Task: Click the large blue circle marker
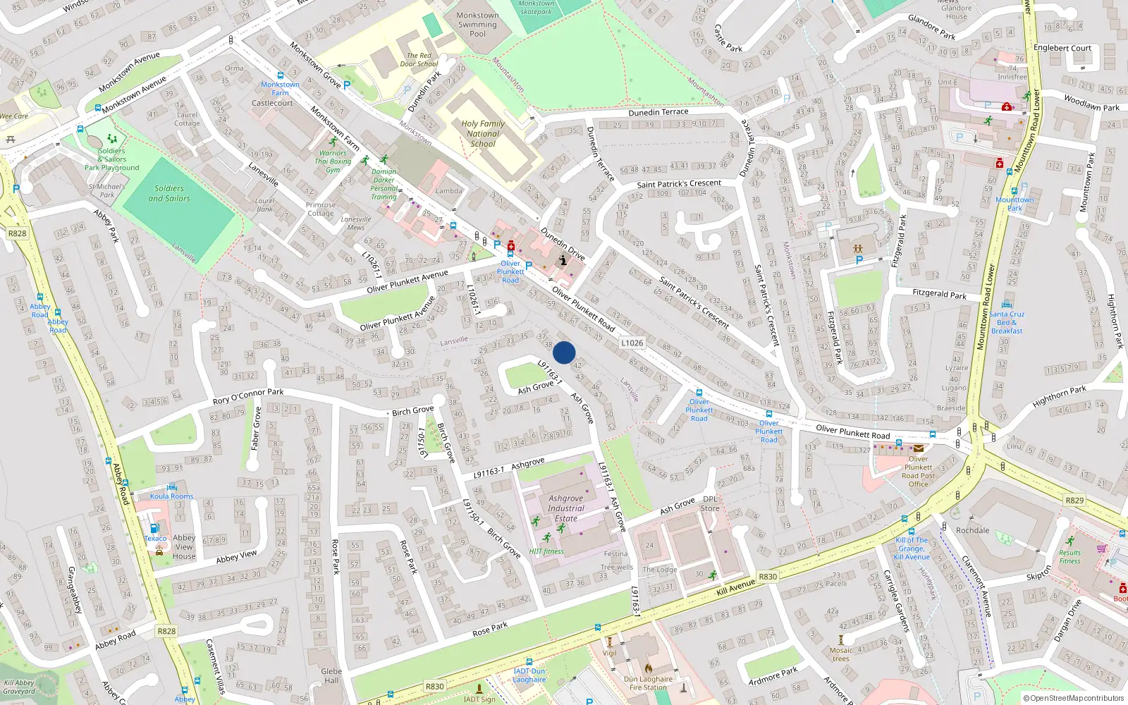click(x=564, y=352)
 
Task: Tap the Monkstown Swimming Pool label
click(x=477, y=25)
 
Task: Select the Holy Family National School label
click(x=483, y=133)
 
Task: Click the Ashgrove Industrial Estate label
click(x=565, y=508)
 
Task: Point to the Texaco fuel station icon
click(x=154, y=528)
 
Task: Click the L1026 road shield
click(x=632, y=343)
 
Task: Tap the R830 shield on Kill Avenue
click(x=768, y=577)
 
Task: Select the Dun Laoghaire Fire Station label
click(x=649, y=683)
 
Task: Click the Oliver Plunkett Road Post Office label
click(x=918, y=471)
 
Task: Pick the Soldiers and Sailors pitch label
click(x=169, y=193)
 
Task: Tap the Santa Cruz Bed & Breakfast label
click(x=1007, y=322)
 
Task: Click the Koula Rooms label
click(x=171, y=496)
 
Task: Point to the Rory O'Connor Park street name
click(x=248, y=396)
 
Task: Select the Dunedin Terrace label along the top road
click(x=658, y=112)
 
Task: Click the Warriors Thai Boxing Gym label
click(x=333, y=161)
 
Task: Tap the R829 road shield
click(x=1074, y=501)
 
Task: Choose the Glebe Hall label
click(x=331, y=675)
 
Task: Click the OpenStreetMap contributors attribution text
click(x=1074, y=699)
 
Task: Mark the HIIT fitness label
click(x=546, y=551)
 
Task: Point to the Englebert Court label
click(x=1062, y=48)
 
